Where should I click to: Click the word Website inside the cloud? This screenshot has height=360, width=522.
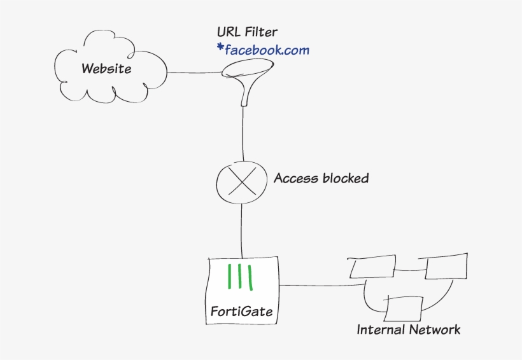coord(106,68)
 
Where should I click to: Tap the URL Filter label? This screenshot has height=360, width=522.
coord(247,32)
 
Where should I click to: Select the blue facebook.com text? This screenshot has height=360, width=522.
coord(267,50)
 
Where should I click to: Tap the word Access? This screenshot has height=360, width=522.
coord(296,178)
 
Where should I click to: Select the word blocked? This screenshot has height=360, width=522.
coord(345,178)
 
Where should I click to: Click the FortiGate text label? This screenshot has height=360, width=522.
coord(242,312)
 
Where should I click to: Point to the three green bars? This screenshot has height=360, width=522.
coord(241,277)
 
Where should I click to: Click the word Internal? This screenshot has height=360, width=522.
coord(379,329)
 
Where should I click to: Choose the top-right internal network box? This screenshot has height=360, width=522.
coord(446,267)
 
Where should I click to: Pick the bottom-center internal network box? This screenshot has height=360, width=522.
coord(405,309)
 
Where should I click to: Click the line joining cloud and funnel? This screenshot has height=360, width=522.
coord(194,73)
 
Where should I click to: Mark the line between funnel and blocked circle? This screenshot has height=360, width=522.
coord(242,134)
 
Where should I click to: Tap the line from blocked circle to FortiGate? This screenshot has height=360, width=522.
coord(242,229)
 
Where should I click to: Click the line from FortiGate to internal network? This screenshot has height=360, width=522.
coord(318,285)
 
